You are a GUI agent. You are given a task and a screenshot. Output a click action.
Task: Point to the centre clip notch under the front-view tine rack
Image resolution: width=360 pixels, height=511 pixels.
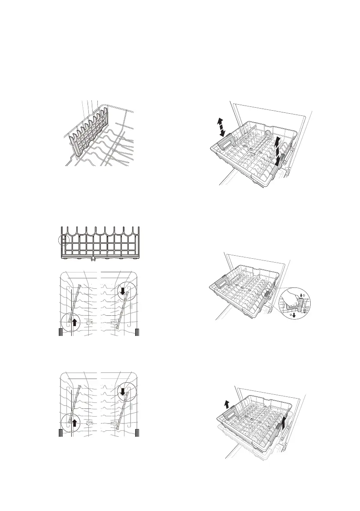93,259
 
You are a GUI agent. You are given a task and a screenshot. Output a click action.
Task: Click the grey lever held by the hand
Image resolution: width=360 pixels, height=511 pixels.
300,307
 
